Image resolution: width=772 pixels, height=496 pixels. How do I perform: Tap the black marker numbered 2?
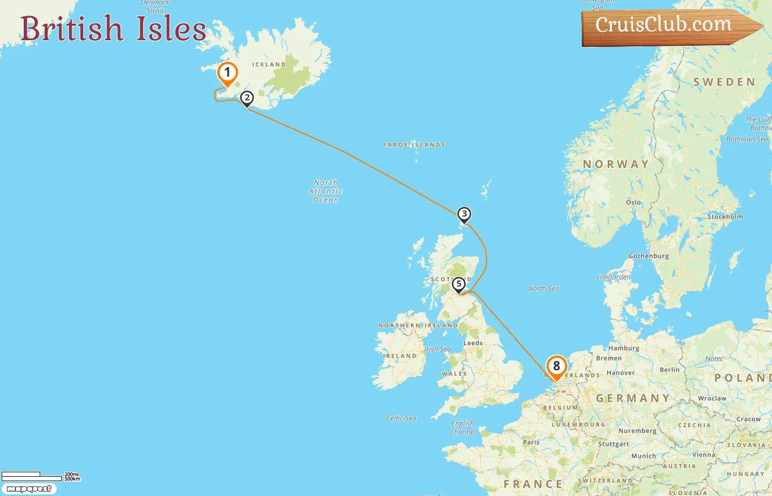(x=247, y=99)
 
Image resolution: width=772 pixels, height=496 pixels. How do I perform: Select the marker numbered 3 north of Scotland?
(x=464, y=214)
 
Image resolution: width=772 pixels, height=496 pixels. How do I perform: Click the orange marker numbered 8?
(x=556, y=366)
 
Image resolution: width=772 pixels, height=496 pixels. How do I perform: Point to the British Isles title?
(x=114, y=29)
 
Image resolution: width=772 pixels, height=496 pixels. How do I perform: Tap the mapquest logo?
(x=29, y=489)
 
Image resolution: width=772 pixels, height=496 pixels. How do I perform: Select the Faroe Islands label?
(x=414, y=145)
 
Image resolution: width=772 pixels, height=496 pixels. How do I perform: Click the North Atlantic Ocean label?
(x=326, y=191)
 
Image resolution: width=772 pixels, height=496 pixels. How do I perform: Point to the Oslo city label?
(x=634, y=203)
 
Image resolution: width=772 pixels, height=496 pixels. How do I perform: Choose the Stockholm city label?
(x=725, y=217)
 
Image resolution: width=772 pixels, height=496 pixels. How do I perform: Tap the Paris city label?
(x=531, y=443)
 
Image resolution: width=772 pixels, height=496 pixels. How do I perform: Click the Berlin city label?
(x=669, y=370)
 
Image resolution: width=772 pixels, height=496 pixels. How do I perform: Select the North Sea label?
(x=544, y=289)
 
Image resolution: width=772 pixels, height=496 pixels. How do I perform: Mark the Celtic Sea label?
(x=401, y=419)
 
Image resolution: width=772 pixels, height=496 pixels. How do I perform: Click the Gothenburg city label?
(x=648, y=256)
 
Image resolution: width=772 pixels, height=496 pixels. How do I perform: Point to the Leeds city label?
(x=473, y=343)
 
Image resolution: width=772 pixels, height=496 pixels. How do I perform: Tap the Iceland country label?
(x=269, y=65)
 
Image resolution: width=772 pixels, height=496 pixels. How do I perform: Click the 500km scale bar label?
(x=72, y=479)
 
